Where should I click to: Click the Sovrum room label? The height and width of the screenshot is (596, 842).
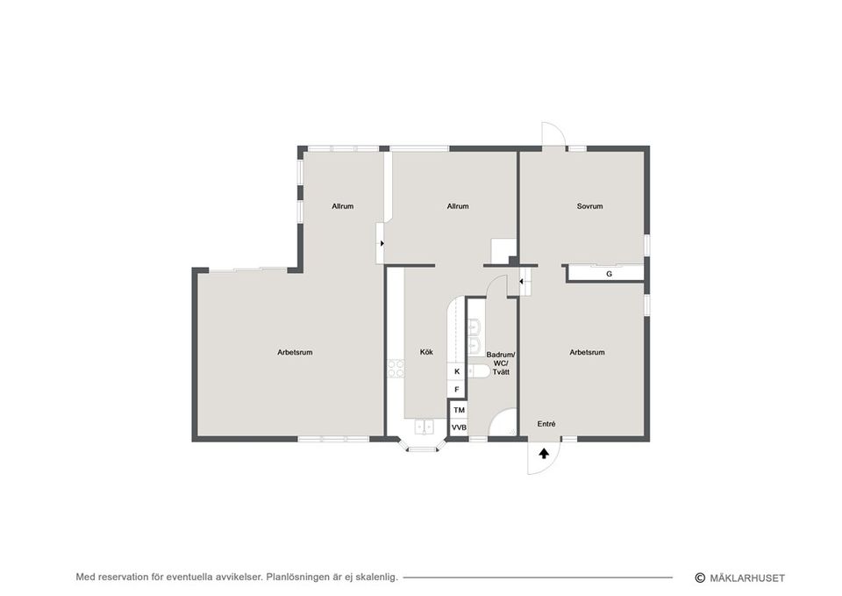(589, 206)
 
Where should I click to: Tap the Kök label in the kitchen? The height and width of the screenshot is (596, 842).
(426, 352)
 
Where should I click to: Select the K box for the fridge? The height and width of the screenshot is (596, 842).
(457, 372)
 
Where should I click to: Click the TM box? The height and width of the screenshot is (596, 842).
(459, 410)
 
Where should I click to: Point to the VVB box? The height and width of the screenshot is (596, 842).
(459, 427)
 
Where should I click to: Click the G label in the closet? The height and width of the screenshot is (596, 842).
(609, 274)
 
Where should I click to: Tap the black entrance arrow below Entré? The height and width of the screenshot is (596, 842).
(544, 453)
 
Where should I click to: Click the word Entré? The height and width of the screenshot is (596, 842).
(546, 424)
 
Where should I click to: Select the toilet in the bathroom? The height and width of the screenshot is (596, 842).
(479, 370)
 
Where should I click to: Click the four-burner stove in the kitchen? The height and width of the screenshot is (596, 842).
(395, 369)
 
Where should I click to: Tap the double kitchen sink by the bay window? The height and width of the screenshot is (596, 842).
(424, 427)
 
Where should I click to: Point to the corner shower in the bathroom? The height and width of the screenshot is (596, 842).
(504, 426)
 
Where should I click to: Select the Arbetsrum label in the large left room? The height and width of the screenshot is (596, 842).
(295, 352)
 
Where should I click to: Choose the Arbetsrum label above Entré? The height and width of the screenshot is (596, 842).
(587, 352)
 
